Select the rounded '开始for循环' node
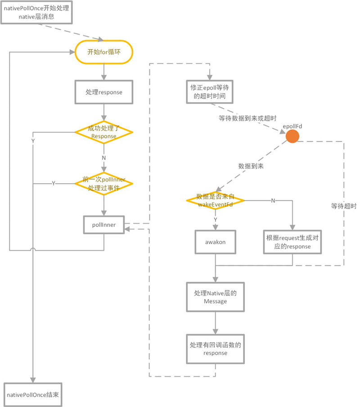(x=104, y=52)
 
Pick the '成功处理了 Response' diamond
(x=104, y=132)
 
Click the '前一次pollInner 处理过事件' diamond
(x=104, y=183)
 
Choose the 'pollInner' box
(x=104, y=224)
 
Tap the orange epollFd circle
(x=292, y=136)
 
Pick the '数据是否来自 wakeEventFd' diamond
(x=215, y=200)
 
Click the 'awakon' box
(x=216, y=242)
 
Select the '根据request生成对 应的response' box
(x=292, y=242)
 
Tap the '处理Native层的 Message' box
(x=216, y=297)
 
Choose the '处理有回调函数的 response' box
(x=216, y=349)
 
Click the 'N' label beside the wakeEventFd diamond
(x=273, y=200)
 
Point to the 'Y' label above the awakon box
(x=215, y=219)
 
